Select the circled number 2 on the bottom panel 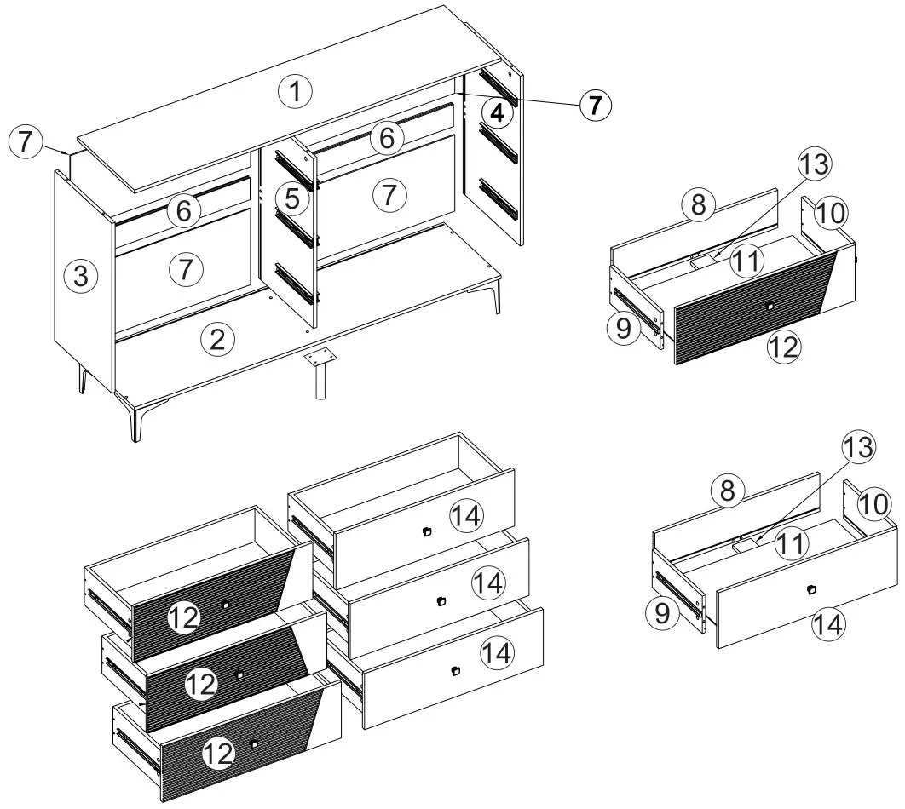[217, 340]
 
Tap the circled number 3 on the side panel [79, 276]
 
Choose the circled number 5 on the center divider [292, 199]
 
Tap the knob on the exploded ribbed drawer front [770, 307]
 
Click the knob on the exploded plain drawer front [812, 589]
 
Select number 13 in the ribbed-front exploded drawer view [815, 165]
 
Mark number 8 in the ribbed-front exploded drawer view [698, 205]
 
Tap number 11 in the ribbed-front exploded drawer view [747, 261]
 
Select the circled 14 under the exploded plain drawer [827, 624]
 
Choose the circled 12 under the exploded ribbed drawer [783, 347]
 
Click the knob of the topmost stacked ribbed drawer [226, 604]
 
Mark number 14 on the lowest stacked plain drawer [497, 653]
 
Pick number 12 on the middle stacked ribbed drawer [201, 684]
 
